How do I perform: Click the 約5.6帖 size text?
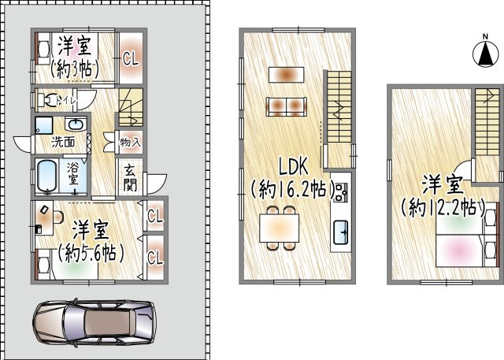(91, 254)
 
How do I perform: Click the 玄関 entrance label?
(129, 179)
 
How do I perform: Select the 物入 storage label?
(130, 143)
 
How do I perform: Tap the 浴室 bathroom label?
(72, 173)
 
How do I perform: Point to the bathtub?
(46, 177)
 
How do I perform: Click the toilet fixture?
(49, 100)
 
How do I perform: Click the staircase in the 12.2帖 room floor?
(487, 118)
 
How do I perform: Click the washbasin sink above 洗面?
(76, 125)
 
